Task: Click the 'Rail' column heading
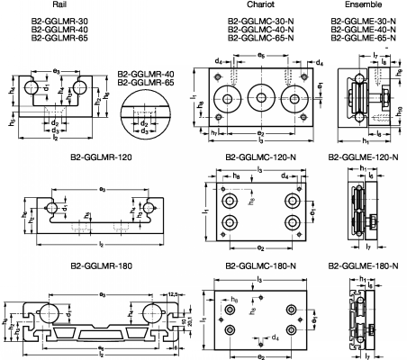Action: [60, 4]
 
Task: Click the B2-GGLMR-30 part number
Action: [60, 21]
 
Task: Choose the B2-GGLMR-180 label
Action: [100, 267]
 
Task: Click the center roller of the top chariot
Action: [261, 97]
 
